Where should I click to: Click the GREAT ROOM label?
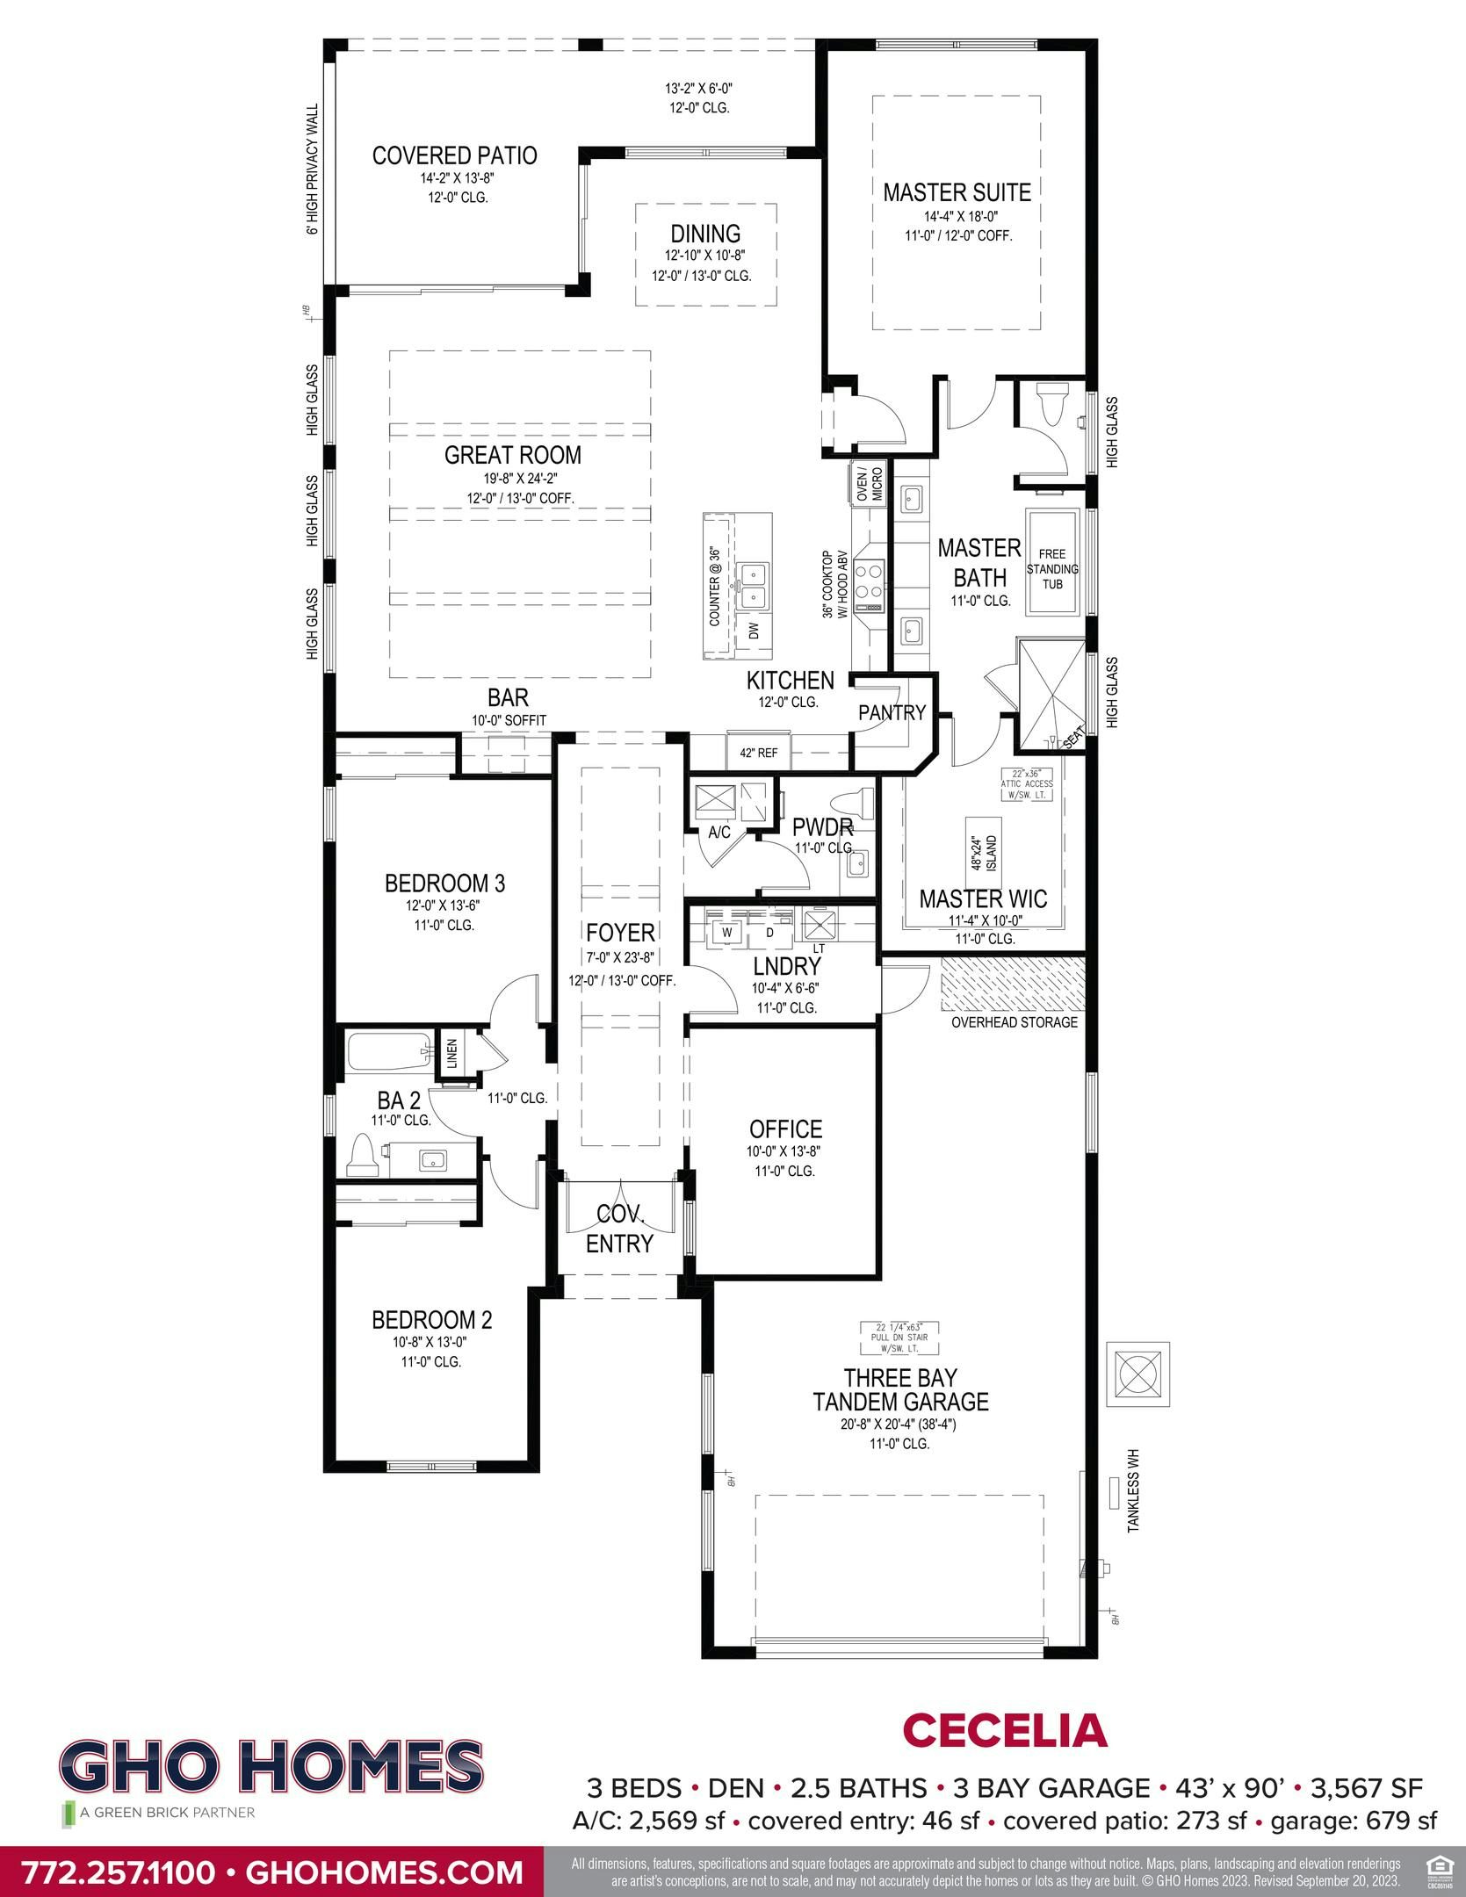click(x=512, y=455)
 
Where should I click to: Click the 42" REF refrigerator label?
click(x=758, y=753)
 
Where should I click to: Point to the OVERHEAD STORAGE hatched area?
click(x=1013, y=984)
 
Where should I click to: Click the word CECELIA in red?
click(x=1004, y=1729)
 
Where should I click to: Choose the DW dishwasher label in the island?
click(x=754, y=631)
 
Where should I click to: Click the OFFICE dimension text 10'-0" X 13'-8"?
click(x=784, y=1151)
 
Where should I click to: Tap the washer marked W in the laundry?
click(x=727, y=933)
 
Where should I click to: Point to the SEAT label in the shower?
click(x=1074, y=740)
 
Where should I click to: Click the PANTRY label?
click(x=892, y=712)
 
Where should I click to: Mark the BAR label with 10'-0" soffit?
click(x=508, y=697)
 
